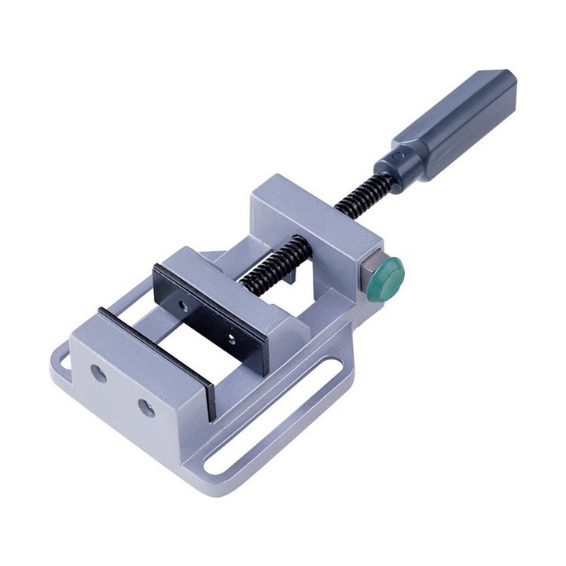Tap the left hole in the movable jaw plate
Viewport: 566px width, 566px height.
pos(184,303)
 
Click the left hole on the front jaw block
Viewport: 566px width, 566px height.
pos(99,373)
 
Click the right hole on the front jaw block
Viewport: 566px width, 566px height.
pos(145,407)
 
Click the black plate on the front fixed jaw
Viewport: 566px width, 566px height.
pos(157,354)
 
